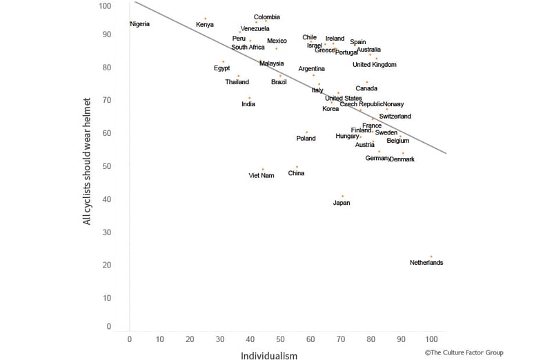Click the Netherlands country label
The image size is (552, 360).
coord(426,263)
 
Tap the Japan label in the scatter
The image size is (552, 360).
coord(342,203)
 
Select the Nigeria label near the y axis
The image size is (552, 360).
coord(140,24)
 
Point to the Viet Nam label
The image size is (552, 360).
coord(262,175)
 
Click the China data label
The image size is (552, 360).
coord(296,173)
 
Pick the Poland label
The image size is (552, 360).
coord(306,139)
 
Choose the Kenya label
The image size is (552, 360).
coord(205,25)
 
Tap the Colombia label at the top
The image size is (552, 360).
coord(267,17)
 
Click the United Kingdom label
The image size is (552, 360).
coord(375,65)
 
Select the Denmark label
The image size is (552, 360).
coord(402,159)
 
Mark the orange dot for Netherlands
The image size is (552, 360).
coord(431,257)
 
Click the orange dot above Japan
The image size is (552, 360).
coord(342,196)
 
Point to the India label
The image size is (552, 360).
coord(248,104)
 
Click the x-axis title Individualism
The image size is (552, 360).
coord(269,357)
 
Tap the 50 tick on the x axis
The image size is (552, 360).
coord(280,340)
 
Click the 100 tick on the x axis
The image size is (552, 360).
coord(431,340)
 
